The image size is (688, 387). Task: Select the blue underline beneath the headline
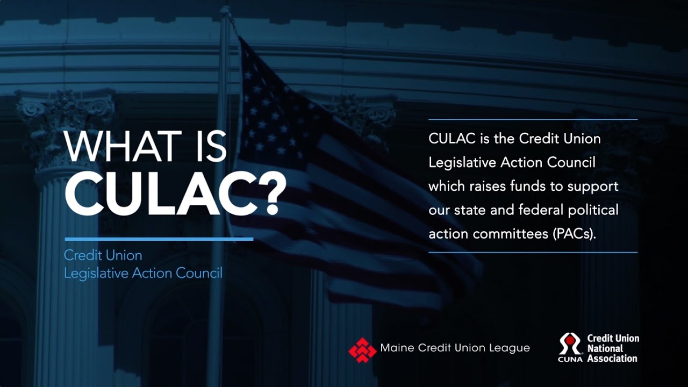(x=159, y=239)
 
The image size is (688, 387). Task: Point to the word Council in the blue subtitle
(x=199, y=273)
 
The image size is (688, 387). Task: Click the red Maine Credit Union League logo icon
(x=362, y=349)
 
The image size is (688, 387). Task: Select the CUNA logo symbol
(x=570, y=344)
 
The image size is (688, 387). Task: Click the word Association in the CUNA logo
(x=612, y=359)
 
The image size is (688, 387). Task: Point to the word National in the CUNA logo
(x=605, y=348)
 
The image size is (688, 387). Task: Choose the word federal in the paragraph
(x=543, y=210)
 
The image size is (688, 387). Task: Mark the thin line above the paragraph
(x=533, y=119)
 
